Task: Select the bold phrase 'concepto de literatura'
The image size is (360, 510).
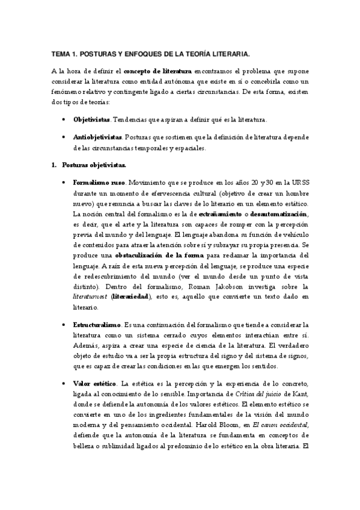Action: coord(158,70)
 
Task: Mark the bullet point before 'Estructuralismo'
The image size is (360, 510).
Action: coord(64,324)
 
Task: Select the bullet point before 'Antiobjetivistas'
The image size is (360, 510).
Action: coord(64,137)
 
